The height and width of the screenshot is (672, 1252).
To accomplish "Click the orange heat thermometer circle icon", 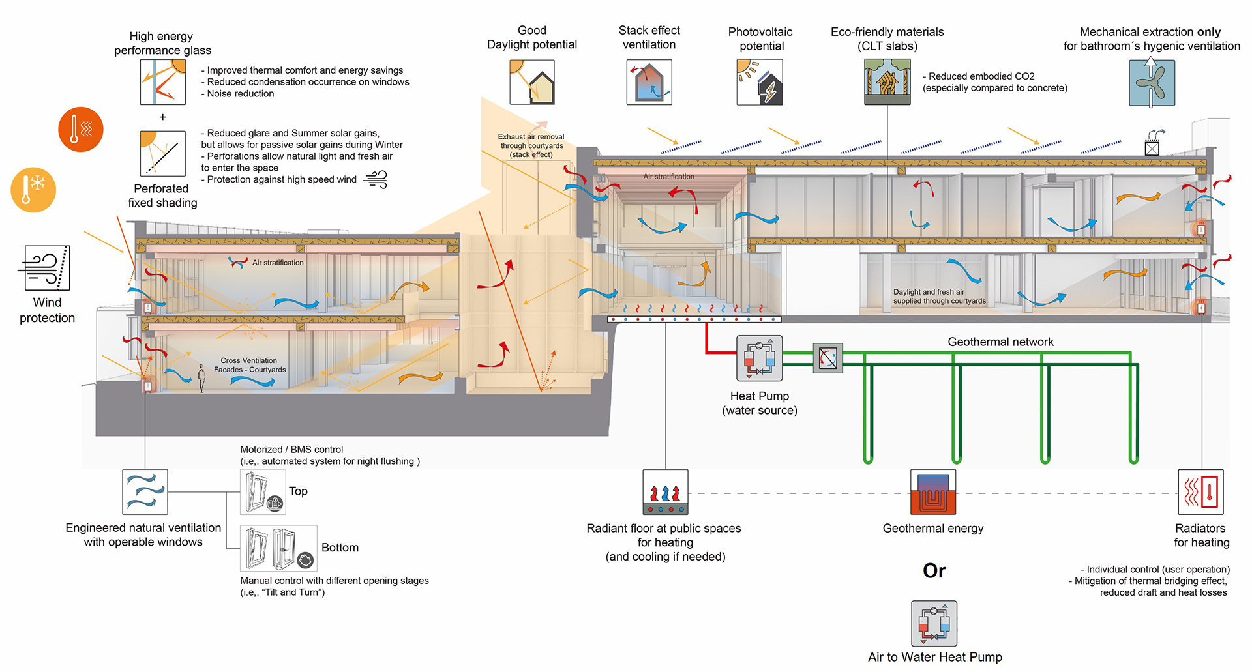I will click(x=81, y=129).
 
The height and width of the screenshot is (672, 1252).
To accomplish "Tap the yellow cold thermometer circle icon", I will click(x=33, y=190).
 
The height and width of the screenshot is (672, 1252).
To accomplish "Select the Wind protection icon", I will click(x=47, y=268).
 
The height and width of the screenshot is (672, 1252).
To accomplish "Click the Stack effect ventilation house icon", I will click(x=649, y=83).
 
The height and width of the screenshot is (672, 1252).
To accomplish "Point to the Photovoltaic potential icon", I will click(x=760, y=83).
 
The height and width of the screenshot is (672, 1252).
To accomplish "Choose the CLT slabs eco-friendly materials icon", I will click(x=887, y=82).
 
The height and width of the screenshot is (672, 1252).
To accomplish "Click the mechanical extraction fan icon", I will click(x=1152, y=83).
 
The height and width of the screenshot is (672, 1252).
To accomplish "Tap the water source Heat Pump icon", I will click(x=759, y=358).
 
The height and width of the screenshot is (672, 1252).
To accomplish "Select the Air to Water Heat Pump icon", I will click(x=934, y=624).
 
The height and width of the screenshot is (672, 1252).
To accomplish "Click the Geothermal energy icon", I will click(x=933, y=492).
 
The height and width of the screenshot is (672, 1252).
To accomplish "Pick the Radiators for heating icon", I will click(x=1200, y=492).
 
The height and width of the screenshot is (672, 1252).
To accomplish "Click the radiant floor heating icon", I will click(x=665, y=492).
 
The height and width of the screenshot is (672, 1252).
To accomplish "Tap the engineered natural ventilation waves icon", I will click(x=145, y=492).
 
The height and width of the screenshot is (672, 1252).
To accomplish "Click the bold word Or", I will click(x=934, y=571).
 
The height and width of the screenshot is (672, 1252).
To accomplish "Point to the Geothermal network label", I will click(x=1000, y=342).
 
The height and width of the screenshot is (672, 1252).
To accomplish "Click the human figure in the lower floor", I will click(x=201, y=378).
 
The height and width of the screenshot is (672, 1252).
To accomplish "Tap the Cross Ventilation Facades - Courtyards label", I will click(x=250, y=365).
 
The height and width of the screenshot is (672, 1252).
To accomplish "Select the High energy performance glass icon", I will click(x=163, y=82).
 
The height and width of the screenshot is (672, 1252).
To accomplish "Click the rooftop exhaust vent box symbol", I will click(x=1152, y=148).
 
